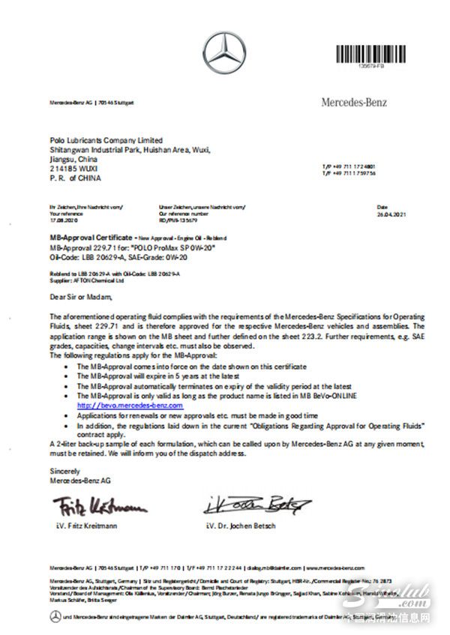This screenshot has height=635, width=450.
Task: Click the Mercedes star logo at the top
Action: [224, 52]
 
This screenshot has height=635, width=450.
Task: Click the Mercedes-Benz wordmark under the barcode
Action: [355, 101]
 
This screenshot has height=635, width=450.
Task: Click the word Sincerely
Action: [64, 470]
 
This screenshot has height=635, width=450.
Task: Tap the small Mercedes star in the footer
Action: [55, 616]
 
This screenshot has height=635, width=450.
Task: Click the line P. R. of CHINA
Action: [75, 178]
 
